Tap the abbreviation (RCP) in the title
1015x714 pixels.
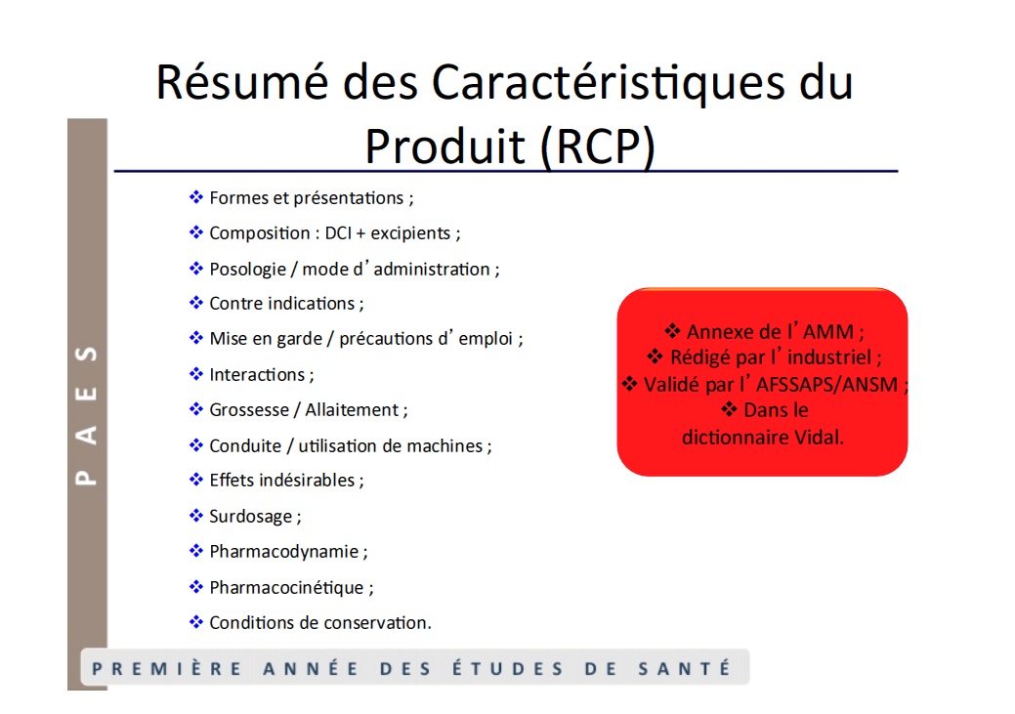(x=598, y=147)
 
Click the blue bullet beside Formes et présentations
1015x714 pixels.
(x=195, y=196)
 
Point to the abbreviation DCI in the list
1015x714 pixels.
(x=338, y=233)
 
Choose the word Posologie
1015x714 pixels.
(x=248, y=270)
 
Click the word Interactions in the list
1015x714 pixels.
(x=257, y=375)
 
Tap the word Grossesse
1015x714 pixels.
(x=249, y=410)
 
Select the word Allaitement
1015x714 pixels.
(x=352, y=410)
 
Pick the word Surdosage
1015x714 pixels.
(x=250, y=517)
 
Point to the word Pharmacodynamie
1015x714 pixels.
(x=284, y=552)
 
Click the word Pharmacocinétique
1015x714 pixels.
(x=287, y=588)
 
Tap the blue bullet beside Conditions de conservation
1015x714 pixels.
(x=195, y=622)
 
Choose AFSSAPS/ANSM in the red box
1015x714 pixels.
(x=826, y=385)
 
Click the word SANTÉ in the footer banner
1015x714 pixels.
(x=685, y=668)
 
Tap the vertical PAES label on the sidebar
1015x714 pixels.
(x=86, y=416)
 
